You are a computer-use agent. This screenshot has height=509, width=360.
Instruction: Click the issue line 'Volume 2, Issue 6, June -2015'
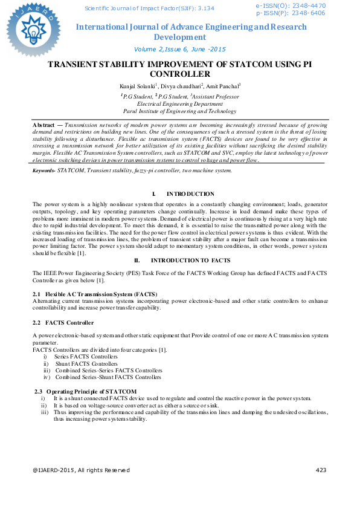(x=180, y=49)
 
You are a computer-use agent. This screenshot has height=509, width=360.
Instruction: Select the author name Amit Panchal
(x=221, y=87)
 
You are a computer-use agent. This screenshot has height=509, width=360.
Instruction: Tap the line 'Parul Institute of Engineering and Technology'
(x=180, y=111)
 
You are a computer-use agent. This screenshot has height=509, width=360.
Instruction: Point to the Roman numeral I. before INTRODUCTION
(x=153, y=194)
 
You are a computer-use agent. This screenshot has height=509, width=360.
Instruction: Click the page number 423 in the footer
(x=321, y=487)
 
